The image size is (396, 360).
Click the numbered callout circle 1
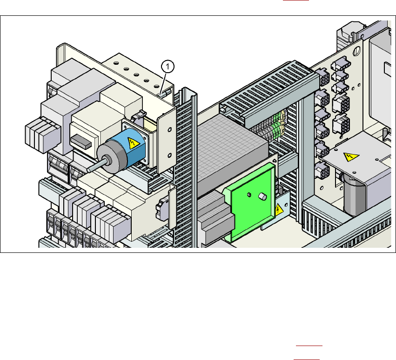(x=168, y=67)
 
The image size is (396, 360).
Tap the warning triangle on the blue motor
(x=133, y=143)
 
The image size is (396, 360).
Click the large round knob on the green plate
(x=262, y=197)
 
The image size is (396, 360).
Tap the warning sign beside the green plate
(x=279, y=210)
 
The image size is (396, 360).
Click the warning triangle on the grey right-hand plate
(x=350, y=156)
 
